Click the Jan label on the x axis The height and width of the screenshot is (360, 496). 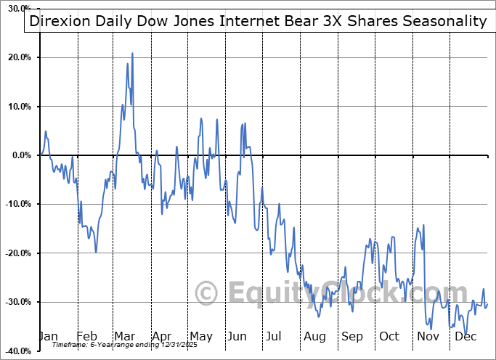[48, 336]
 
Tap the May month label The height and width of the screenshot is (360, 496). [200, 336]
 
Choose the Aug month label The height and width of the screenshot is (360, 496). [315, 336]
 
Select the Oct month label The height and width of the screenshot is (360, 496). [389, 336]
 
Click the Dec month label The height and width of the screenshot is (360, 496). [465, 336]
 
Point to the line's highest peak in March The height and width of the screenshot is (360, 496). [132, 53]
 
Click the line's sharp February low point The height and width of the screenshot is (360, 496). [96, 252]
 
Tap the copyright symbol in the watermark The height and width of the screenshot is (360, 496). [207, 293]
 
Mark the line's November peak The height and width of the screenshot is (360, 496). [423, 225]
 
